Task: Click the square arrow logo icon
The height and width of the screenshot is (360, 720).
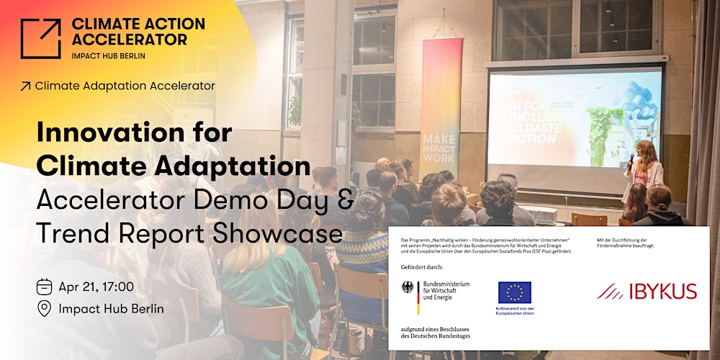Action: click(x=40, y=38)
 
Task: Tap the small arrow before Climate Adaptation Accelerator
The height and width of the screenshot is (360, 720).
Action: click(x=26, y=86)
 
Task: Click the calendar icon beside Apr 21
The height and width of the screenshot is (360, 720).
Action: click(x=44, y=287)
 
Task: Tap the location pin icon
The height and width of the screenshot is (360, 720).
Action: click(x=44, y=309)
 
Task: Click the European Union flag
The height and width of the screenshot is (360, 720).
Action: click(x=515, y=292)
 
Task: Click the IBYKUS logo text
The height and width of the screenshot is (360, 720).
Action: click(x=646, y=291)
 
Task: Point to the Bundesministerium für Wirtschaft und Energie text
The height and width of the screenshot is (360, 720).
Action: click(x=446, y=290)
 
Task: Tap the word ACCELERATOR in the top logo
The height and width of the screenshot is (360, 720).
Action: click(x=129, y=39)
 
